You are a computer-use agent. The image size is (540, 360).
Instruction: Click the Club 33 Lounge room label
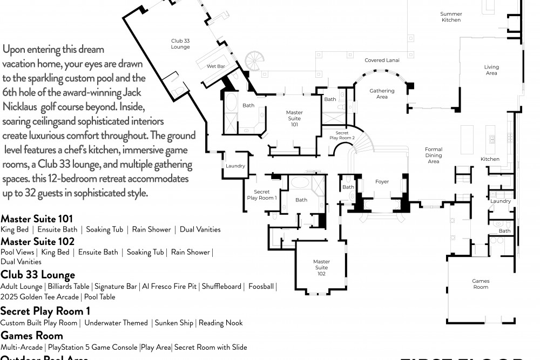pyautogui.click(x=180, y=44)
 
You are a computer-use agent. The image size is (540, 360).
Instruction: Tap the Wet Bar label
pyautogui.click(x=215, y=66)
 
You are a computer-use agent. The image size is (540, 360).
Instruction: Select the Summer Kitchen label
pyautogui.click(x=451, y=17)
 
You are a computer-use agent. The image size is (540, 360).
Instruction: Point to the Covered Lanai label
pyautogui.click(x=382, y=60)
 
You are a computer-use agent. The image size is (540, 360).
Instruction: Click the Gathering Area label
pyautogui.click(x=382, y=94)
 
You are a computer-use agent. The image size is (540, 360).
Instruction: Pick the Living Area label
pyautogui.click(x=491, y=70)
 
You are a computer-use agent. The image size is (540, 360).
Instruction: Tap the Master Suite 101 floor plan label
pyautogui.click(x=294, y=118)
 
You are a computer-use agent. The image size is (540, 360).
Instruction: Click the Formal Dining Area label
pyautogui.click(x=434, y=155)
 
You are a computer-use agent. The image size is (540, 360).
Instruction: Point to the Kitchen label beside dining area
pyautogui.click(x=490, y=159)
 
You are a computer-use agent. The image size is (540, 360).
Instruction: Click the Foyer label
pyautogui.click(x=382, y=182)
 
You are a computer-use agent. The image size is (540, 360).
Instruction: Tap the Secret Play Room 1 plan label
pyautogui.click(x=261, y=195)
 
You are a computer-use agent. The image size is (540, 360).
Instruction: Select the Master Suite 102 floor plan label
pyautogui.click(x=321, y=267)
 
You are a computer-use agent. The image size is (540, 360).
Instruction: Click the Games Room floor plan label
pyautogui.click(x=481, y=284)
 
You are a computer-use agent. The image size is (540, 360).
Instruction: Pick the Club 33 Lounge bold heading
pyautogui.click(x=38, y=275)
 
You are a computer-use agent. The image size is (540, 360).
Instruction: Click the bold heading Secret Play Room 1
pyautogui.click(x=45, y=311)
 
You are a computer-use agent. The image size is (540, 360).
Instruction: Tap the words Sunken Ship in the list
pyautogui.click(x=174, y=323)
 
